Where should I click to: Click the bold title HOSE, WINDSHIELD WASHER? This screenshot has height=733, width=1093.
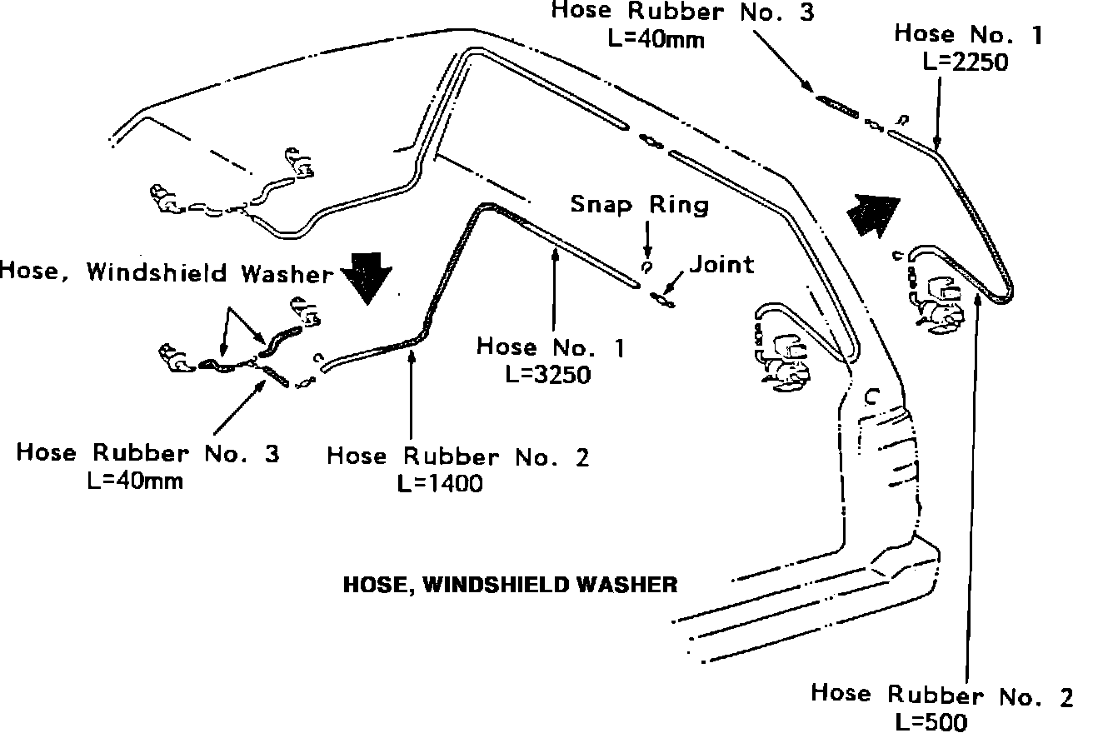click(x=511, y=585)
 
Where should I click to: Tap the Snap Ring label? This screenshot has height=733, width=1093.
click(x=640, y=204)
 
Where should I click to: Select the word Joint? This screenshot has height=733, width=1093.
click(x=721, y=264)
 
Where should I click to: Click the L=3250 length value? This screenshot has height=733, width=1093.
click(x=548, y=374)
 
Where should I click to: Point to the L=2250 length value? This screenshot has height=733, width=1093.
click(x=966, y=62)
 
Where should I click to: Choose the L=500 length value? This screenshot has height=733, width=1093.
click(x=931, y=721)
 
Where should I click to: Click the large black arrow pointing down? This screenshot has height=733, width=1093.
click(x=367, y=277)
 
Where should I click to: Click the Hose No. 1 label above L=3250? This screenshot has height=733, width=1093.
click(x=551, y=347)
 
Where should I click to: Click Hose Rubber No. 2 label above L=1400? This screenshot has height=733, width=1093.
click(x=457, y=456)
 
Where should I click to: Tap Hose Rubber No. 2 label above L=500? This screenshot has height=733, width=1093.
click(x=941, y=694)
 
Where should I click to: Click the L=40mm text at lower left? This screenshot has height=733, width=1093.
click(x=136, y=481)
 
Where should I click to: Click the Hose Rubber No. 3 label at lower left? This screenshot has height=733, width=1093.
click(x=147, y=453)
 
